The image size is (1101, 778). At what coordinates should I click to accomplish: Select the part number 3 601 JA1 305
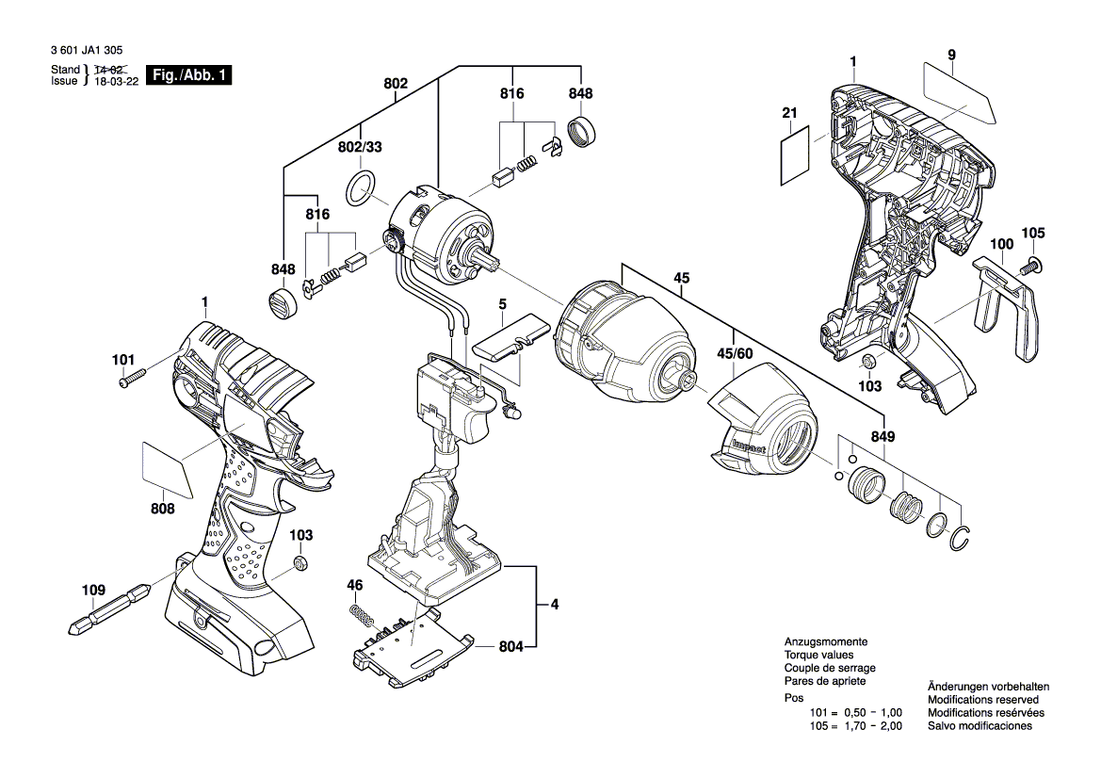point(84,51)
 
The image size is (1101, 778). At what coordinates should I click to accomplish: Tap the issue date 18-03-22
point(117,82)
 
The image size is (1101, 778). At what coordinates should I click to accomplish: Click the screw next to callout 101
point(134,380)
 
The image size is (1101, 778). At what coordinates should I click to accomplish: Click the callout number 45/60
point(737,354)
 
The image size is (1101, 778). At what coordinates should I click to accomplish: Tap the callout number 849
point(882,437)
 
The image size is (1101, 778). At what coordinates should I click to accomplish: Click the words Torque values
point(818,655)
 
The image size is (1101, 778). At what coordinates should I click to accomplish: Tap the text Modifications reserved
point(983,700)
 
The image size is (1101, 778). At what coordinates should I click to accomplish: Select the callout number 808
point(162,509)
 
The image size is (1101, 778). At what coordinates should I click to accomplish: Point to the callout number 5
point(502,304)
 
